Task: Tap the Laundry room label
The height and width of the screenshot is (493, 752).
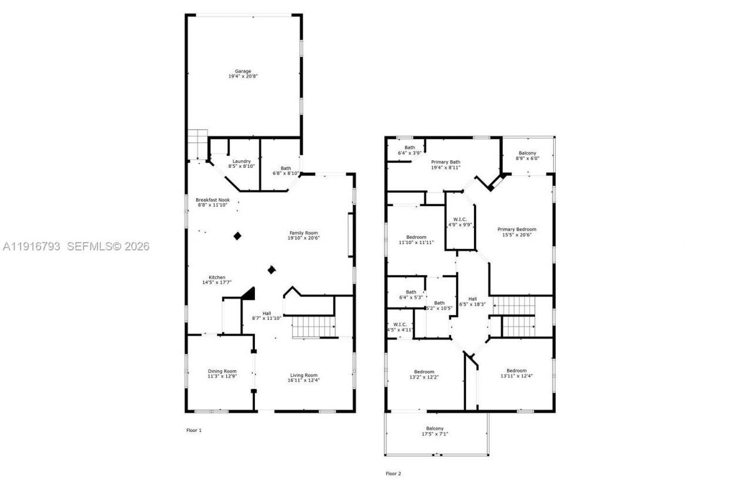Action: [x=241, y=161]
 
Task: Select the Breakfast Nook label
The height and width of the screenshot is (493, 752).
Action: [x=213, y=200]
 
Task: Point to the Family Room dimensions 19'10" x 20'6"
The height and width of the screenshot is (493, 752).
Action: [x=303, y=239]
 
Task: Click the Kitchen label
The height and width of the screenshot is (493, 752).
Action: [x=217, y=278]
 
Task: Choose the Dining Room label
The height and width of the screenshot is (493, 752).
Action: [x=222, y=371]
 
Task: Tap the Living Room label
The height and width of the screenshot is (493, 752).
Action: [x=304, y=376]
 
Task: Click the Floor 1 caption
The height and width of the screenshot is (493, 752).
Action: [x=194, y=430]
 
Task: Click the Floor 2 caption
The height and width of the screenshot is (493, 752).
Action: [x=393, y=473]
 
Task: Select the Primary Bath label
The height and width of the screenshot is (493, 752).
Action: [x=445, y=162]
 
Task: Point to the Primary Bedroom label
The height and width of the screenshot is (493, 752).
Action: [x=517, y=229]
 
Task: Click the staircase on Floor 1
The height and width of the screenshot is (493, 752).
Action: [x=313, y=326]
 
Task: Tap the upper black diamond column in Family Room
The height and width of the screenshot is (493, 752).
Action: [x=237, y=235]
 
